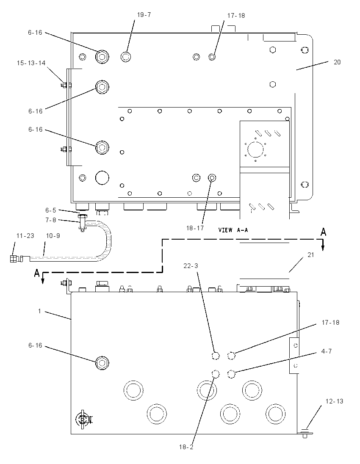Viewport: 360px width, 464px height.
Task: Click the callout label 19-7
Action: (144, 15)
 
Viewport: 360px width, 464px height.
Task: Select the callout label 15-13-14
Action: (31, 63)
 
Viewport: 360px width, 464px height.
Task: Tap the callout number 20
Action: (337, 62)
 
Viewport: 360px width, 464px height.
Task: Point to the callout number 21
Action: (310, 255)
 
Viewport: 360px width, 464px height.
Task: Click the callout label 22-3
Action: (191, 266)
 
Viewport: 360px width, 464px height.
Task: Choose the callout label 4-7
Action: (326, 351)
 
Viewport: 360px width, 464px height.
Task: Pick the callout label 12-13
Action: (334, 401)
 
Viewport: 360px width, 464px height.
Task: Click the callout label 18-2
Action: (186, 447)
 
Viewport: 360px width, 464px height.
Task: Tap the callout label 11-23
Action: (25, 236)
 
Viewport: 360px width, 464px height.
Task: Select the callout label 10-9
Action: (53, 236)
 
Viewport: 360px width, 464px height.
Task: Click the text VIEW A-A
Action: (233, 230)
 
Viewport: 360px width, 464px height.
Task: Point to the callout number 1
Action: (39, 311)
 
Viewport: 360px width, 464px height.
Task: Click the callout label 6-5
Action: (51, 210)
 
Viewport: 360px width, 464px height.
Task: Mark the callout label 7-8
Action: (51, 220)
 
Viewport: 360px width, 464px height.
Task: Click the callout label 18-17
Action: (195, 228)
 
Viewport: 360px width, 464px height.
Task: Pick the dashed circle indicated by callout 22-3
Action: (216, 356)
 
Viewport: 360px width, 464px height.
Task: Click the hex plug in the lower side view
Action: (102, 362)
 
